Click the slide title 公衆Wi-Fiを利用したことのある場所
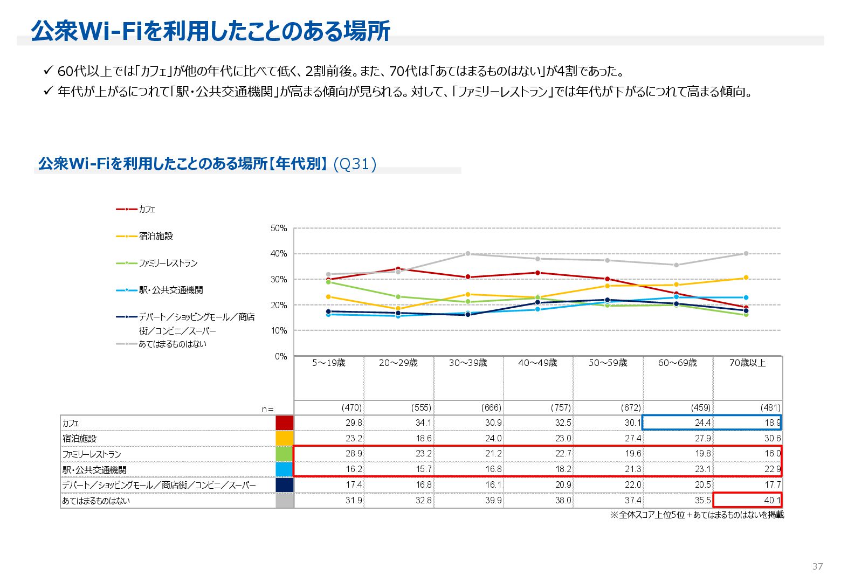click(210, 31)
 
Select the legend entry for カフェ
click(147, 209)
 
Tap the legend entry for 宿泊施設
click(156, 236)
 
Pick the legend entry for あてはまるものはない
click(172, 344)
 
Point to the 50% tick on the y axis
click(279, 228)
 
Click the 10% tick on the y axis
click(279, 331)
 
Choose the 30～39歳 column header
click(468, 363)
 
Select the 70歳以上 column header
click(747, 363)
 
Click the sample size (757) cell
click(561, 408)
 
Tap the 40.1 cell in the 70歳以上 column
click(772, 501)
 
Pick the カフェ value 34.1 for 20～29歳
click(423, 423)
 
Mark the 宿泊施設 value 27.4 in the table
click(633, 439)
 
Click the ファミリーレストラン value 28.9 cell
click(354, 454)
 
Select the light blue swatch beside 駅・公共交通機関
click(285, 469)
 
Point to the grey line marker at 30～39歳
click(468, 253)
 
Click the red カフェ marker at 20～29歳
click(398, 269)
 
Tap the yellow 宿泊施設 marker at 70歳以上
click(746, 278)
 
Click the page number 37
click(817, 566)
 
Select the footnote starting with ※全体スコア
click(697, 515)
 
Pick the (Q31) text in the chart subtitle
click(355, 164)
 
